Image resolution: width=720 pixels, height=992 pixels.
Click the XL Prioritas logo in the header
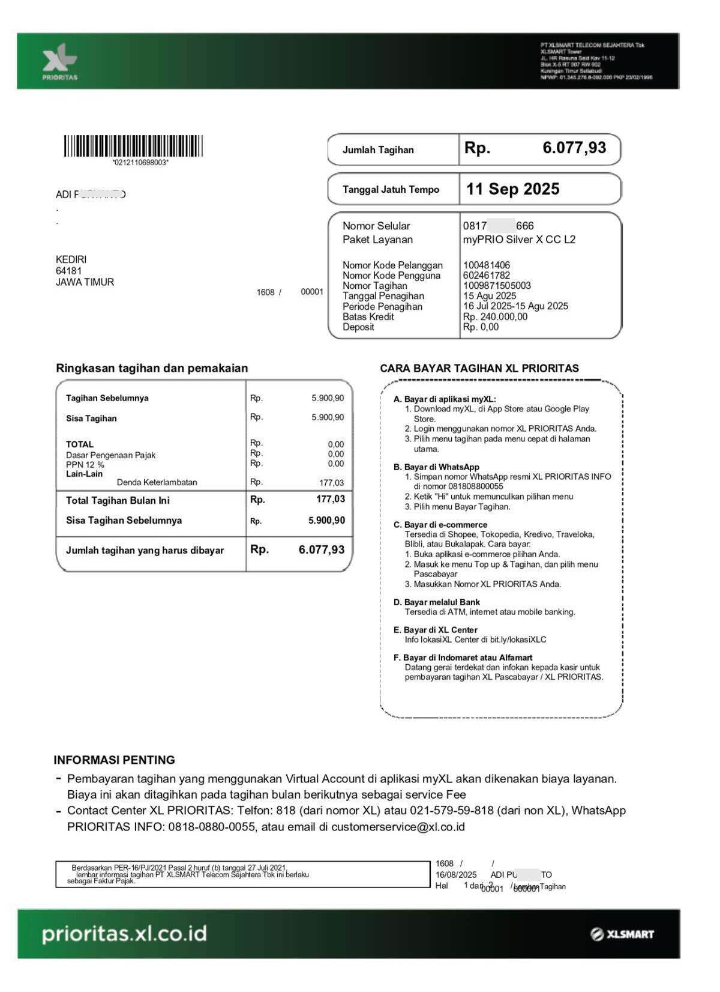coord(59,62)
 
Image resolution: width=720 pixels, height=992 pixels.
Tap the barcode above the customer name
coord(133,147)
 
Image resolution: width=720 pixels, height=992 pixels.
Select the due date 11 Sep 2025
coord(512,189)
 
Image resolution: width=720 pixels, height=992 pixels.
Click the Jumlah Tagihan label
coord(378,150)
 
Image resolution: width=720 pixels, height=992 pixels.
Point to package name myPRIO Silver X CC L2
coord(519,240)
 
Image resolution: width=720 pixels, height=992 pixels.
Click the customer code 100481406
coord(487,265)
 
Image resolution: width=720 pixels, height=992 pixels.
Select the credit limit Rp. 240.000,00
coord(495,316)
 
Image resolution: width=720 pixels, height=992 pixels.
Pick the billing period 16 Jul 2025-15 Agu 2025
coord(515,306)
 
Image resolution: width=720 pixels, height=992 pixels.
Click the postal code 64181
coord(69,271)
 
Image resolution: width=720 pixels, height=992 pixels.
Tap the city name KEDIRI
coord(71,259)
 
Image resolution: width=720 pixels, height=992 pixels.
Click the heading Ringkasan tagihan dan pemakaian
coord(152,368)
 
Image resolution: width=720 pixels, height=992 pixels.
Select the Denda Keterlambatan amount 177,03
coord(331,483)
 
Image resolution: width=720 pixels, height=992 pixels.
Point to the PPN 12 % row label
coord(85,465)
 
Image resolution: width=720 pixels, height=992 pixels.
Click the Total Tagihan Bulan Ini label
coord(118,500)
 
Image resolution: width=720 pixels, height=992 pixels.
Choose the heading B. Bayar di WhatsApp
coord(436,467)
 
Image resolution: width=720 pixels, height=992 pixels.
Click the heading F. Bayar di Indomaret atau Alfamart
coord(463,658)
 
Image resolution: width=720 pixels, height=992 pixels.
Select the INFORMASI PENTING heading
coord(114,760)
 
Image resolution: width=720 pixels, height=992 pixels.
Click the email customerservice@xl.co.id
coord(398,827)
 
